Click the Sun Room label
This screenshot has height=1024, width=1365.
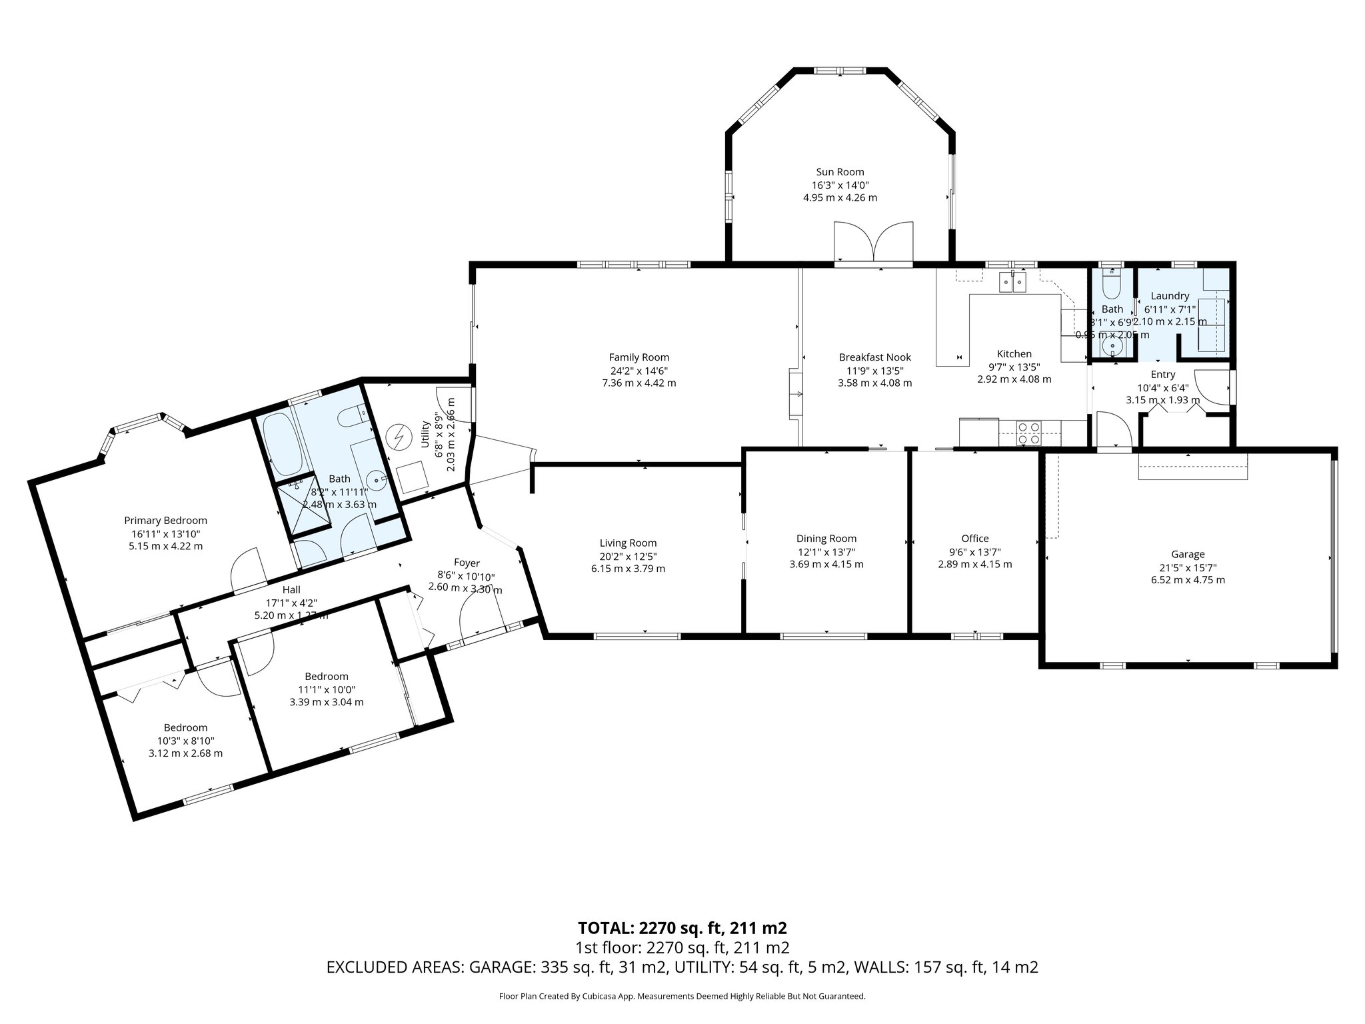[840, 172]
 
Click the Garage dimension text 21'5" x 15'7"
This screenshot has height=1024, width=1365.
[1188, 567]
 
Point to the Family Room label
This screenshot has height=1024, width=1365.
[639, 357]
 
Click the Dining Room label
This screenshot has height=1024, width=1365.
[826, 539]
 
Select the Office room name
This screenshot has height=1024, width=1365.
[974, 539]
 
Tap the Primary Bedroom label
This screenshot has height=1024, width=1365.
[165, 521]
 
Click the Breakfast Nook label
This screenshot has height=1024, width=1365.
[874, 357]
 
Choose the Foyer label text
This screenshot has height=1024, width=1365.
[467, 563]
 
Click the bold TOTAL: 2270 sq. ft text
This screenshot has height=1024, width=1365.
[682, 928]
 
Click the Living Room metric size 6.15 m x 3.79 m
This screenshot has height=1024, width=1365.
[628, 569]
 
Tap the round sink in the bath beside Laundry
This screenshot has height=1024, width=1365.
[1112, 347]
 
